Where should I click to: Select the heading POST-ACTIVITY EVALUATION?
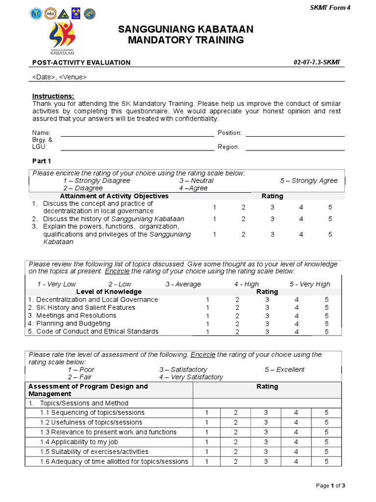coord(81,62)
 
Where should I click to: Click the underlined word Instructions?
coord(53,96)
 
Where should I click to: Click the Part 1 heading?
coord(42,161)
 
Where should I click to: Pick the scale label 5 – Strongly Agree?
coord(309,180)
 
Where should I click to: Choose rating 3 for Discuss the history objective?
coord(272,219)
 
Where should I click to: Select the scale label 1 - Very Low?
coord(56,284)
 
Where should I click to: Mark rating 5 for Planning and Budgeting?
coord(327,324)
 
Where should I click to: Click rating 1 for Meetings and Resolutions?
coord(208,316)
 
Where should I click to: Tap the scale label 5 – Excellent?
coord(284,369)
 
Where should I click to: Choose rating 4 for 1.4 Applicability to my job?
coord(296,442)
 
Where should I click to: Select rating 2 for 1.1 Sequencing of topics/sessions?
coord(235,412)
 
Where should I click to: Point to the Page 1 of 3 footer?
coord(330,486)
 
